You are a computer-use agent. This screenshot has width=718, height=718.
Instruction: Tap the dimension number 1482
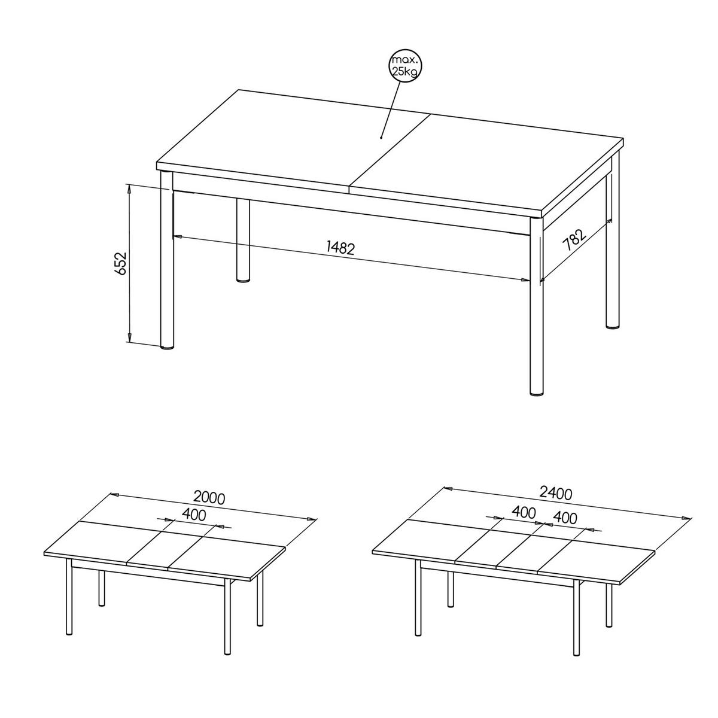tap(340, 248)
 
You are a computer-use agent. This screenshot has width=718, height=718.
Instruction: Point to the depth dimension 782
tap(574, 239)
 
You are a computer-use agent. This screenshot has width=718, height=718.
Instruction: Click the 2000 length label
tap(209, 498)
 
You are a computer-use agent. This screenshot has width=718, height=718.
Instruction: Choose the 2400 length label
tap(555, 493)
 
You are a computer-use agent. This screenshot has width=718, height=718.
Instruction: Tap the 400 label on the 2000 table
tap(194, 515)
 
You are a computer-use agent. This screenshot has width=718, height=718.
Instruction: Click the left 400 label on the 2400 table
tap(524, 513)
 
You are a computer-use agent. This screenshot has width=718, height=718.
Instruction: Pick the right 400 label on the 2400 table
tap(565, 518)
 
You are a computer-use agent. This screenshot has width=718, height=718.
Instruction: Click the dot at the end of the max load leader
tap(381, 138)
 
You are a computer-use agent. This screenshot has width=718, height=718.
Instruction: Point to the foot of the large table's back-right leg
tap(613, 326)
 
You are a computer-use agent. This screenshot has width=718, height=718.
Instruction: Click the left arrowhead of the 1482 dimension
tap(177, 236)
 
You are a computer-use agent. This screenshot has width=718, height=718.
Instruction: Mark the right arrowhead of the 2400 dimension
tap(684, 518)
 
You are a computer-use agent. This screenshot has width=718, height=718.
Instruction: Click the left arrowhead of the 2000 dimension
tap(114, 495)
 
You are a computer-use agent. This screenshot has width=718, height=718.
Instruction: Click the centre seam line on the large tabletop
tap(390, 150)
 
